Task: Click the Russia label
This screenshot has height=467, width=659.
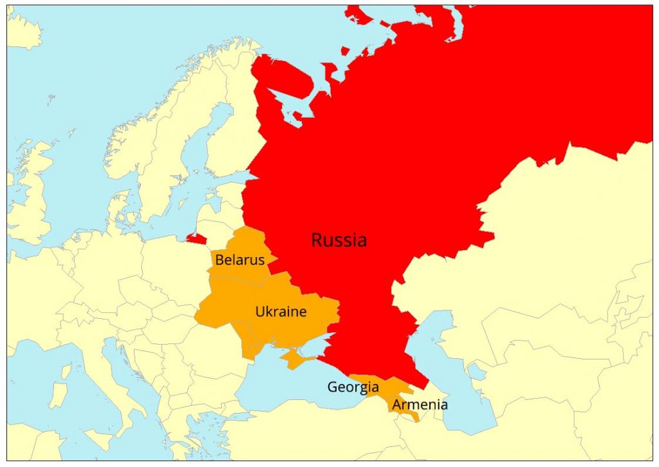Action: (339, 240)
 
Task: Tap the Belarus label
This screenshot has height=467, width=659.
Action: (239, 260)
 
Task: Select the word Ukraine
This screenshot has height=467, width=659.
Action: (281, 312)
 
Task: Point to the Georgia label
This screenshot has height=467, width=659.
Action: (353, 387)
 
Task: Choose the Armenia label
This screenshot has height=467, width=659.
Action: (420, 405)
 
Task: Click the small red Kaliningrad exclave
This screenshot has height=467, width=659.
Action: (196, 238)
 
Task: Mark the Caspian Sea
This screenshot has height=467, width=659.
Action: (450, 386)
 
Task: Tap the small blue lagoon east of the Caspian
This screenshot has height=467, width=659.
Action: (476, 370)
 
